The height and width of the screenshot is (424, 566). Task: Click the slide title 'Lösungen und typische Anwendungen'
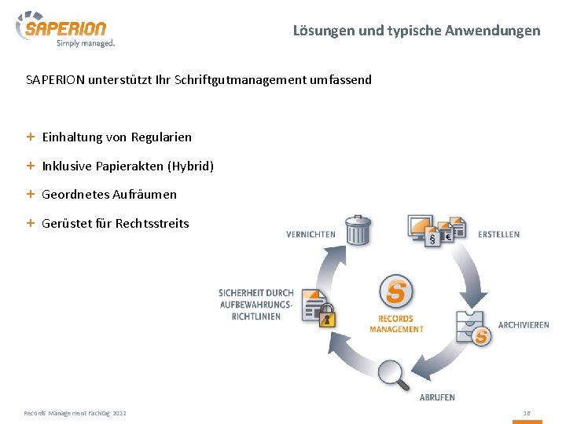point(417,31)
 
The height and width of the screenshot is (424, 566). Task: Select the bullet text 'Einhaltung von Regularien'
point(116,137)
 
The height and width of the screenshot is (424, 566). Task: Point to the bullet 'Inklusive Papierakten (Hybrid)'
point(127,166)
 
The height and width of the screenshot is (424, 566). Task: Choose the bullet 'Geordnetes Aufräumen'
point(109,194)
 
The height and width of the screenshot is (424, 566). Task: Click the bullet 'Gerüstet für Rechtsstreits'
point(116,223)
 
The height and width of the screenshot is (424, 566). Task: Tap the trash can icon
point(358,230)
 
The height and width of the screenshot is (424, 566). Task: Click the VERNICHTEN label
point(311,234)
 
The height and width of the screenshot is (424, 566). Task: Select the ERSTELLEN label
point(498,234)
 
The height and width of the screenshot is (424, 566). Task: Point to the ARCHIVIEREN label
point(524,325)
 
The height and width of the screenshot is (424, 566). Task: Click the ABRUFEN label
point(437,397)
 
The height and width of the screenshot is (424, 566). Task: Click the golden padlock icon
point(327,316)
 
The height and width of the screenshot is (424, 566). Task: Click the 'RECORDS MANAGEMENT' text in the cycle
point(396,323)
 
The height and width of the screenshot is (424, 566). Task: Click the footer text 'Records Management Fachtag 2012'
point(75,412)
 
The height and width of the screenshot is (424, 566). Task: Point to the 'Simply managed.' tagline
point(86,43)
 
